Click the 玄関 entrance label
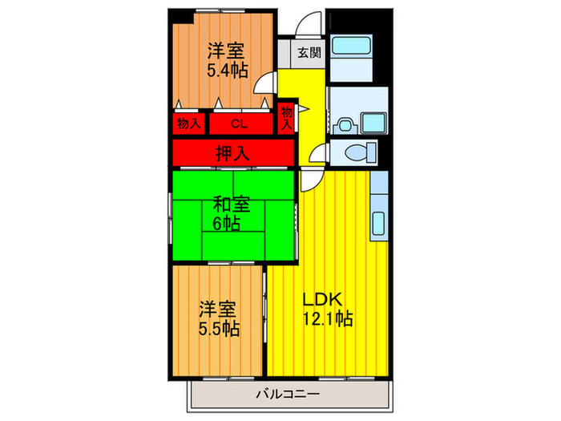coord(309,54)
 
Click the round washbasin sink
coord(345,124)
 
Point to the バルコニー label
coord(288,394)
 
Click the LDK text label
coord(322,299)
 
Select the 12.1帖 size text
coord(328,318)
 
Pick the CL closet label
coord(239,124)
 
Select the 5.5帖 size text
coord(218,329)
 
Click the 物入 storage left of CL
coord(188,124)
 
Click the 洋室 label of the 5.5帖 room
coord(218,309)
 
